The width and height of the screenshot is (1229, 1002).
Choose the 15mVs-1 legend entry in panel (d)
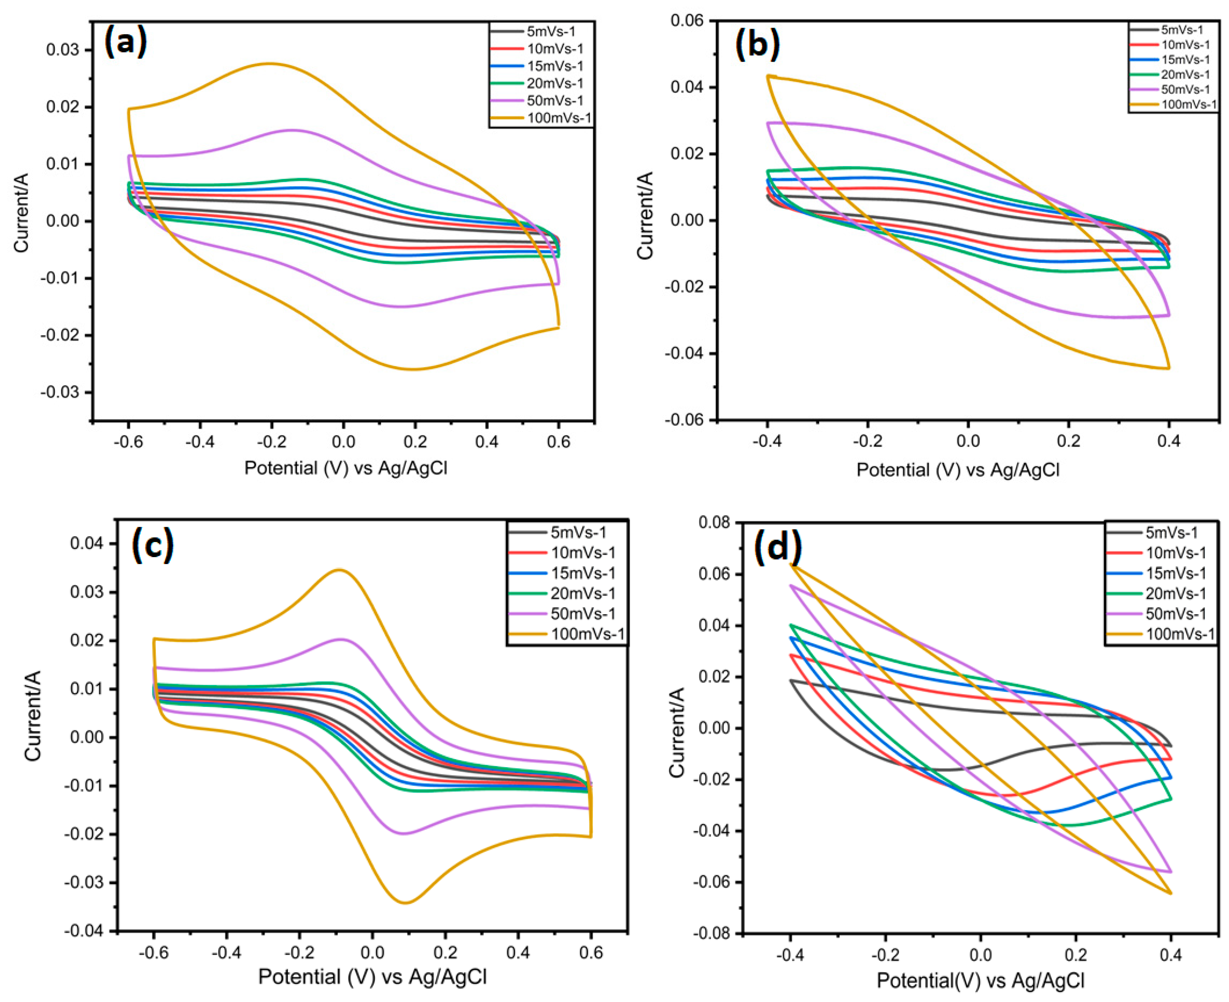[1175, 573]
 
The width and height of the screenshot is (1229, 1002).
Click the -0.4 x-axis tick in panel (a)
[200, 442]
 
